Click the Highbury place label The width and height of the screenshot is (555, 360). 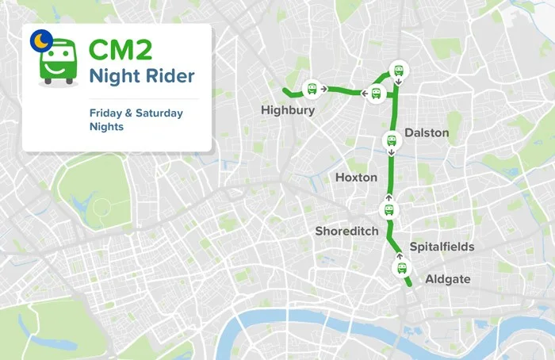(287, 111)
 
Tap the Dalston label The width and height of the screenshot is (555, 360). (426, 132)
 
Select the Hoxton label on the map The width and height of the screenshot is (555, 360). (356, 178)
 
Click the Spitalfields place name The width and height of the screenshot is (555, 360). (442, 247)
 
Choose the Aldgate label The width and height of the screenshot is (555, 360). (447, 279)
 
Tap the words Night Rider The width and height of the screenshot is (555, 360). (141, 78)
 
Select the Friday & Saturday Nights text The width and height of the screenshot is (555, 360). (136, 120)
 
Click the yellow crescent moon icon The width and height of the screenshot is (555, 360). (38, 37)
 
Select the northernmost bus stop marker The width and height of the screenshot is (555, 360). (400, 69)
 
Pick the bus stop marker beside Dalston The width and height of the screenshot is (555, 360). (390, 141)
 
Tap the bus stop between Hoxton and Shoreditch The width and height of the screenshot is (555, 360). (388, 209)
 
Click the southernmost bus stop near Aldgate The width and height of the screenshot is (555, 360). (400, 268)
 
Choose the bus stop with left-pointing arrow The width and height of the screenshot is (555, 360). (377, 94)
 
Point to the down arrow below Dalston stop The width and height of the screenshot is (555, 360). (390, 154)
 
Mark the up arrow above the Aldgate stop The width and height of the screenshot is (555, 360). (400, 256)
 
